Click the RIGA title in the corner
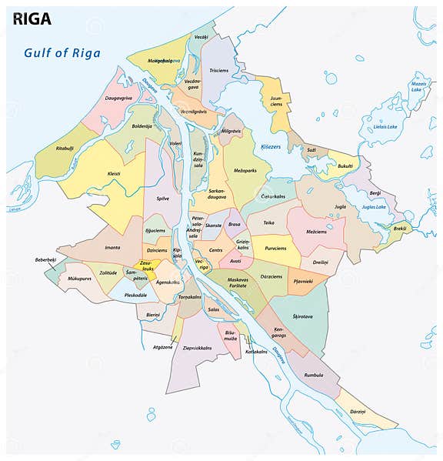(x=32, y=18)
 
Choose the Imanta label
(x=112, y=247)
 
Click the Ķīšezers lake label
(x=270, y=145)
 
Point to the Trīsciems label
(x=219, y=70)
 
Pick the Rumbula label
(x=314, y=375)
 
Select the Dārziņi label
(x=358, y=413)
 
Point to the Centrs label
(x=216, y=250)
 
